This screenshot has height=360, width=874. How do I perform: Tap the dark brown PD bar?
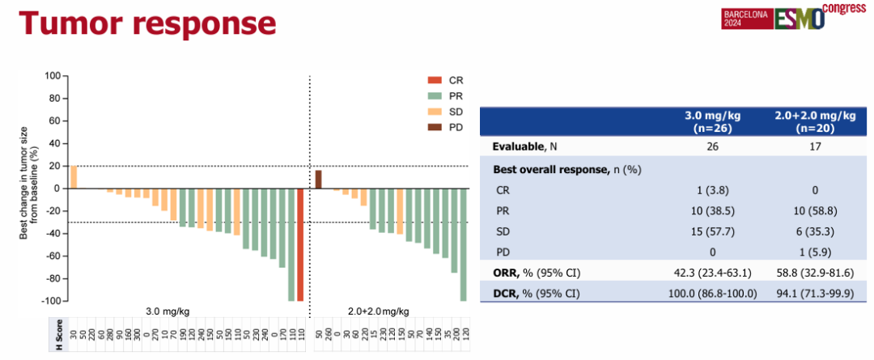(318, 179)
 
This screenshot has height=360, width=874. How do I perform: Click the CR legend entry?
(444, 80)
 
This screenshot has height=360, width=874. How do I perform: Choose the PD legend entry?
(444, 128)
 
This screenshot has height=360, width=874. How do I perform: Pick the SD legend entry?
(444, 112)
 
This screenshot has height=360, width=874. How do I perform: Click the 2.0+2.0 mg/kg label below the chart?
(379, 311)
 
